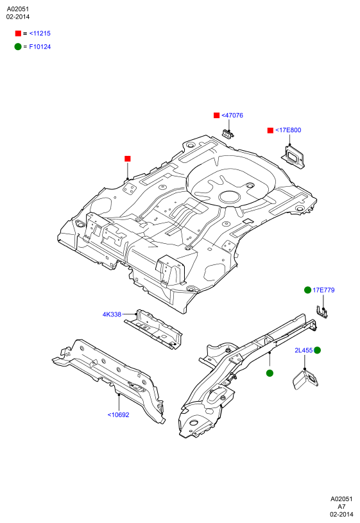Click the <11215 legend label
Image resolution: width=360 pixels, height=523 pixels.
point(40,33)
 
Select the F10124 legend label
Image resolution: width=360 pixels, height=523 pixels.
point(40,47)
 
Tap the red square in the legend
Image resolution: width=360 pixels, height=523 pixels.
point(18,33)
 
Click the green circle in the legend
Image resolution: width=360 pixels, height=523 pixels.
point(18,47)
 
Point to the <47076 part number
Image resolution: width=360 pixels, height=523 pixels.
point(232,116)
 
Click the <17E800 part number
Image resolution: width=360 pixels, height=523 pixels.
point(288,130)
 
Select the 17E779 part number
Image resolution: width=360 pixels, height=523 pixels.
point(323,290)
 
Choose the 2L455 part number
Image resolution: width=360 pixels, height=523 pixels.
point(304,350)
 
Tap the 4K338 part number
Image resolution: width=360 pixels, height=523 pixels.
point(112,314)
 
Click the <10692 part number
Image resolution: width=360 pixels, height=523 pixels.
point(118,415)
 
